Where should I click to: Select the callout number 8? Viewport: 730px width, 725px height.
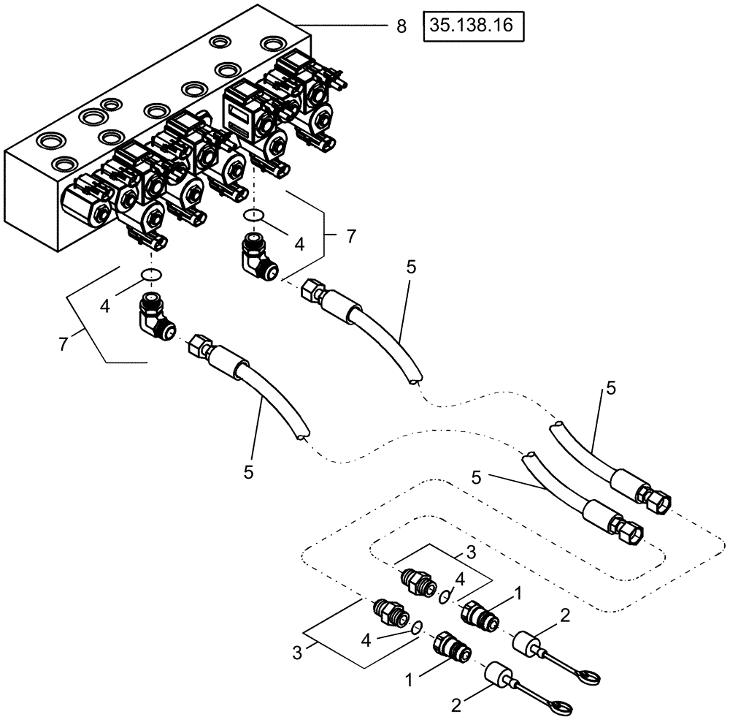[x=400, y=27]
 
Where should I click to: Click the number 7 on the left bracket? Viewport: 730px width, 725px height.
[x=64, y=344]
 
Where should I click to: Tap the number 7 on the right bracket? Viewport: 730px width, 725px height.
[x=352, y=236]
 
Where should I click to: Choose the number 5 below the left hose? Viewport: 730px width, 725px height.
[x=248, y=472]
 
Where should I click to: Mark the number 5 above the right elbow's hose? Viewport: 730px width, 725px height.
[x=411, y=267]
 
